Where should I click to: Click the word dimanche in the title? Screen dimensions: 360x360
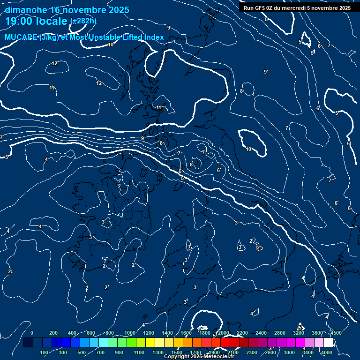pyautogui.click(x=26, y=10)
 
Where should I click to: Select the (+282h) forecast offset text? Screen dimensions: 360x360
pyautogui.click(x=83, y=21)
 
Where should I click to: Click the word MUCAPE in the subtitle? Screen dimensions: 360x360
pyautogui.click(x=21, y=37)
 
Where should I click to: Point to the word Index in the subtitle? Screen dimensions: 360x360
pyautogui.click(x=154, y=37)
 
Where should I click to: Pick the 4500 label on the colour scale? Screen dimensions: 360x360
pyautogui.click(x=336, y=333)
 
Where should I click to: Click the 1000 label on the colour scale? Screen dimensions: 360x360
pyautogui.click(x=129, y=333)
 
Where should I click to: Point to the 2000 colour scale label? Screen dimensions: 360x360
pyautogui.click(x=223, y=333)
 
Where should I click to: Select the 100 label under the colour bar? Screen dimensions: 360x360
pyautogui.click(x=44, y=352)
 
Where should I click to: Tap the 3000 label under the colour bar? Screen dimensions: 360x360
pyautogui.click(x=289, y=352)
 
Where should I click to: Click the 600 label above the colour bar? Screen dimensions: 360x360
pyautogui.click(x=91, y=333)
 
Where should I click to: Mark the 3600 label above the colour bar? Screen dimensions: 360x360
pyautogui.click(x=317, y=333)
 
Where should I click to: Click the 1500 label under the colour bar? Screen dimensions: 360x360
pyautogui.click(x=177, y=352)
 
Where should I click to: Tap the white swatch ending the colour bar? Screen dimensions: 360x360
pyautogui.click(x=328, y=343)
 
